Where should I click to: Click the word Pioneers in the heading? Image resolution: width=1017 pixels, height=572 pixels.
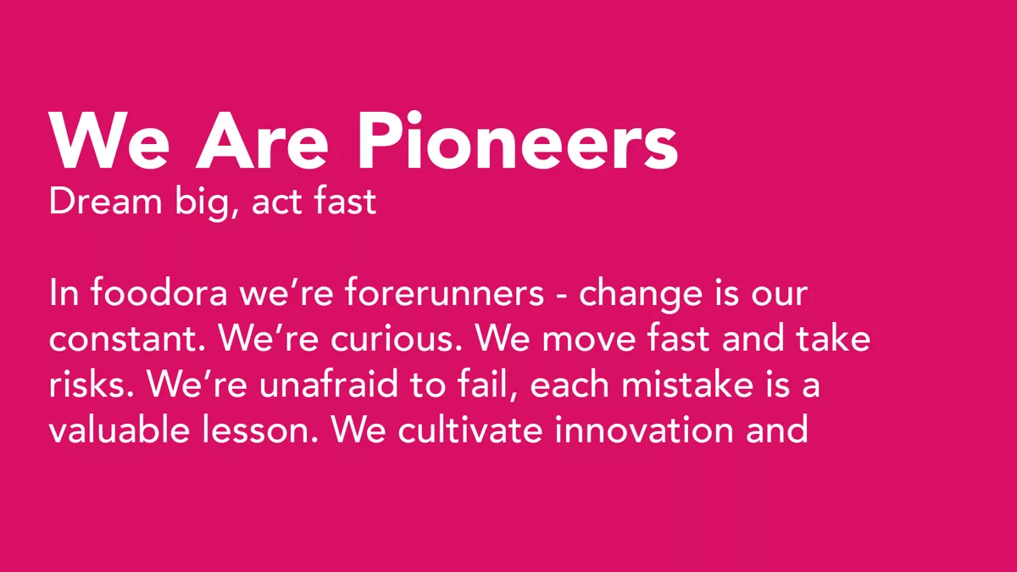(518, 141)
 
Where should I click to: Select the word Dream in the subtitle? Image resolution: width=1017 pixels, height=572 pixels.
(105, 201)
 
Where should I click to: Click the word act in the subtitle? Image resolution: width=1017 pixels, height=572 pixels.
(275, 203)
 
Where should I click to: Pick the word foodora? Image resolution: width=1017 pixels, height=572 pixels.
(159, 292)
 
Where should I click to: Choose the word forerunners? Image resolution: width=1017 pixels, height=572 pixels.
(444, 292)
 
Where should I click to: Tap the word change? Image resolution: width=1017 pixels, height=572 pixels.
(641, 296)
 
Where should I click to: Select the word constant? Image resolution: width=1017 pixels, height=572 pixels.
(127, 340)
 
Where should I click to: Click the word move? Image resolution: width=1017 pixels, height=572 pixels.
(589, 342)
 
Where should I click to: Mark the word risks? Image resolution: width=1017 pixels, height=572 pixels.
(92, 384)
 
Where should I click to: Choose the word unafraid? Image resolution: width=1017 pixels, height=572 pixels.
(328, 384)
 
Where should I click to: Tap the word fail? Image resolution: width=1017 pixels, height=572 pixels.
(487, 385)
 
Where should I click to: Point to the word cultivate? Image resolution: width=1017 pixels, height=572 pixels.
(470, 429)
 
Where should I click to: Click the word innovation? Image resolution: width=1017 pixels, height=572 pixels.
(644, 429)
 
